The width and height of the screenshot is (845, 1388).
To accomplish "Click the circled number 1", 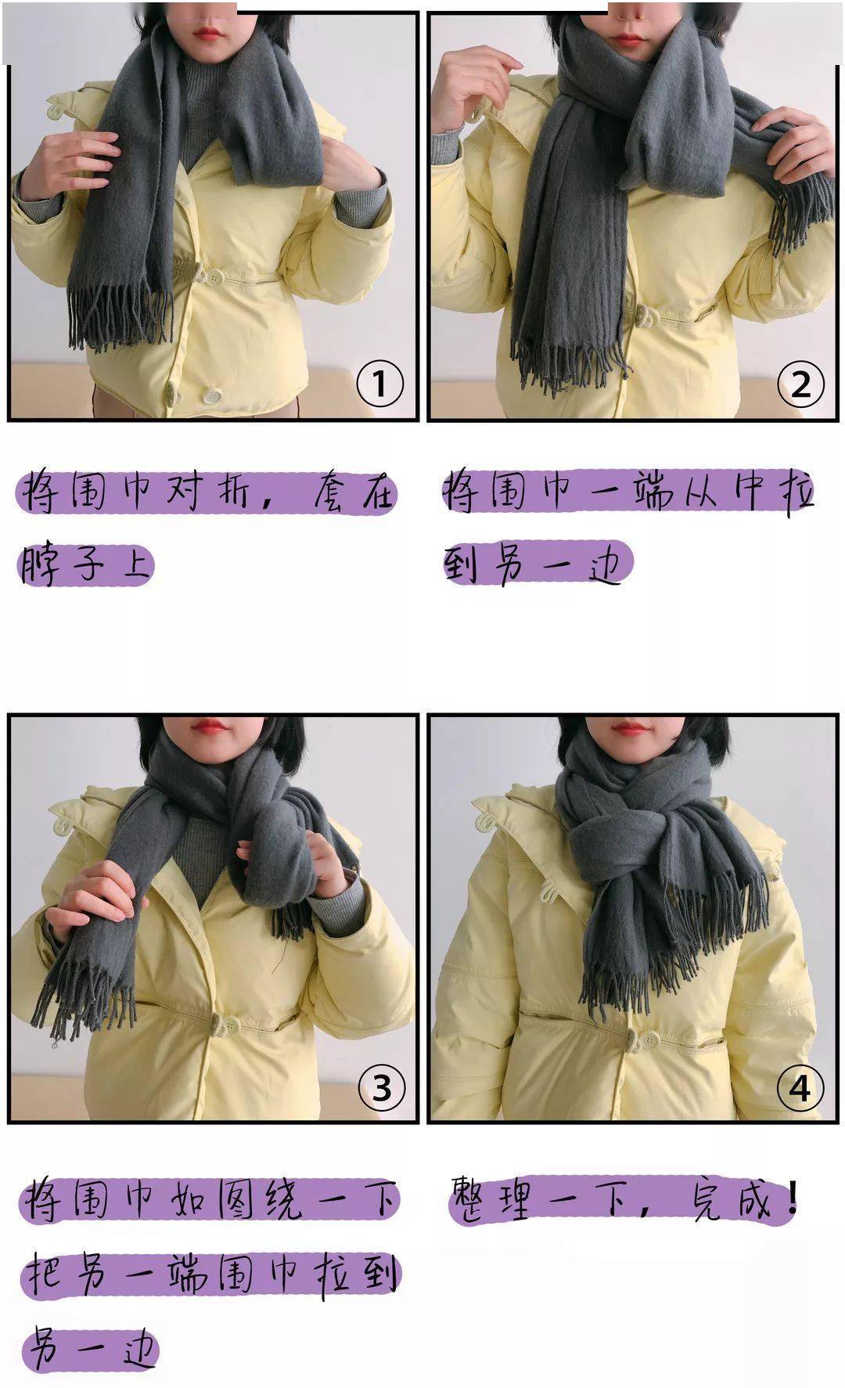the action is pos(379,384).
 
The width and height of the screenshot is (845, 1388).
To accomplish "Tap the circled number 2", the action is pos(800,384).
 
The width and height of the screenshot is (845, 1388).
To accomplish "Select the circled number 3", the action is pos(381,1087).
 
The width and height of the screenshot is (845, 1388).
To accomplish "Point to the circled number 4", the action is pos(800,1087).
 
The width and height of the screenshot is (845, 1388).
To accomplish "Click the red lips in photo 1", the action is pos(207,34).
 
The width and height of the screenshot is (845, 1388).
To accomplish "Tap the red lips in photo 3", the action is pos(210,726).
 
